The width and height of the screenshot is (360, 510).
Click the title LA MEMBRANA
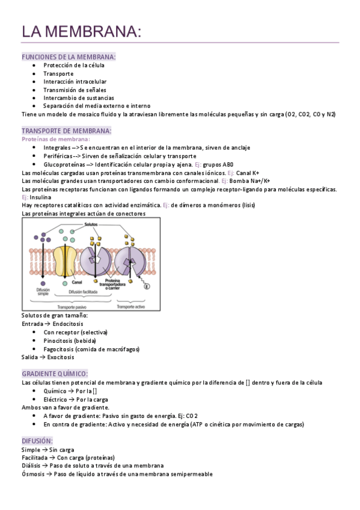point(82,31)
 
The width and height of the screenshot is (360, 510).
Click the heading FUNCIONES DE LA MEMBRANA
point(69,57)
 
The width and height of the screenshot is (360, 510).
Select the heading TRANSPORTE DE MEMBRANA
point(66,131)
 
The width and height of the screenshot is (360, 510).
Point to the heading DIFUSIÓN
point(37,441)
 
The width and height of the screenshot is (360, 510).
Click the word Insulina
point(40,197)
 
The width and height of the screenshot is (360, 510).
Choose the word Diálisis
point(32,465)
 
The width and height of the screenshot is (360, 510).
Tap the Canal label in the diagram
point(77,281)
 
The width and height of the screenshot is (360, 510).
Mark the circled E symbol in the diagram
point(147,286)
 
